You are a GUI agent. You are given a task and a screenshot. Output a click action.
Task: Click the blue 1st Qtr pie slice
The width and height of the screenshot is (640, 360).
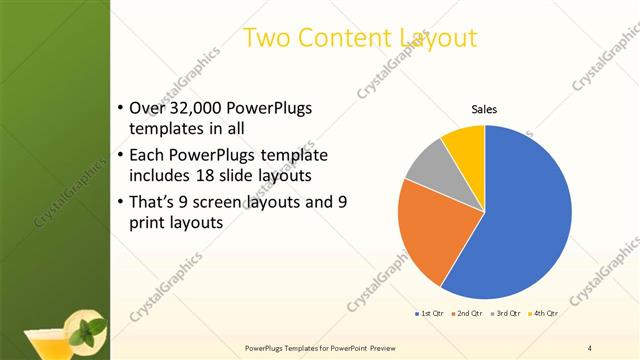pyautogui.click(x=525, y=215)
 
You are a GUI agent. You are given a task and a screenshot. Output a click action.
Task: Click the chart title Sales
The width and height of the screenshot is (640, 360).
pyautogui.click(x=484, y=109)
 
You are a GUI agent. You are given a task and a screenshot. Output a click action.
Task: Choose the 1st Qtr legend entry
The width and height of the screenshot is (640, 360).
pyautogui.click(x=431, y=313)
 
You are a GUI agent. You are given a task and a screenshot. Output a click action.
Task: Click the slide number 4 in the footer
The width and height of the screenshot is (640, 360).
pyautogui.click(x=590, y=347)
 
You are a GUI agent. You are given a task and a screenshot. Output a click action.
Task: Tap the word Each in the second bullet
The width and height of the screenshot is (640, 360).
pyautogui.click(x=148, y=156)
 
